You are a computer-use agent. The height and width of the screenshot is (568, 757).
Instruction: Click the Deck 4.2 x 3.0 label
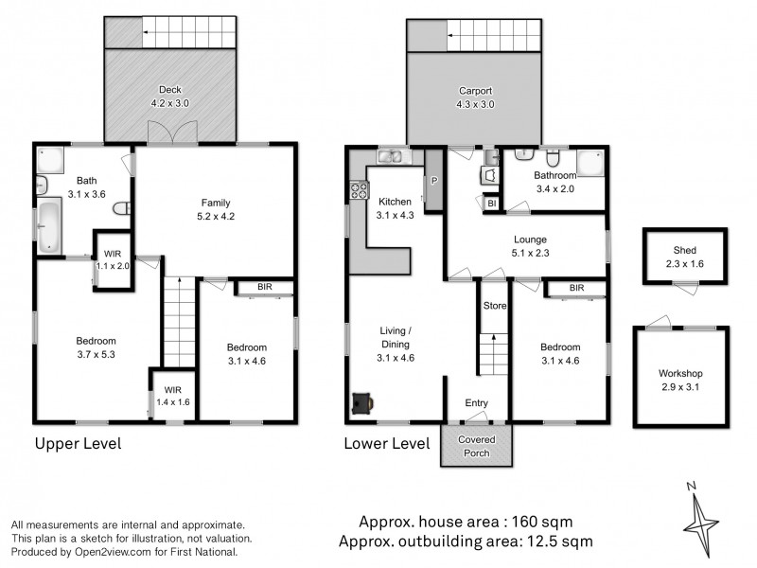coord(171,96)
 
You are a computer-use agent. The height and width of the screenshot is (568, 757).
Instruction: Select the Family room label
coord(215,208)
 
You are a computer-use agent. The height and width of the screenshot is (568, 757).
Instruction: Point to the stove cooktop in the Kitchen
coord(360,189)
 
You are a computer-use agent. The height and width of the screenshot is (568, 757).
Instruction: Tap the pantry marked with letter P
coord(434,181)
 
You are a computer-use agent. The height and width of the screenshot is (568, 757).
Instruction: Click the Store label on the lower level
coord(494,306)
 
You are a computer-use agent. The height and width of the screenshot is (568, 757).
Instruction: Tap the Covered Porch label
coord(476,446)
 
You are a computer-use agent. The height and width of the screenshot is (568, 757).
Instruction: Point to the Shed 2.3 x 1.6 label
coord(684,256)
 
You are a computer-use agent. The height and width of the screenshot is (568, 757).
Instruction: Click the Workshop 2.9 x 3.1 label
coord(681,380)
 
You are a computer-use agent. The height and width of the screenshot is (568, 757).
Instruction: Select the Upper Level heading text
coord(79,443)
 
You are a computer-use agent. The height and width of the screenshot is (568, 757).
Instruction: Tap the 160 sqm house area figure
coord(540,522)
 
